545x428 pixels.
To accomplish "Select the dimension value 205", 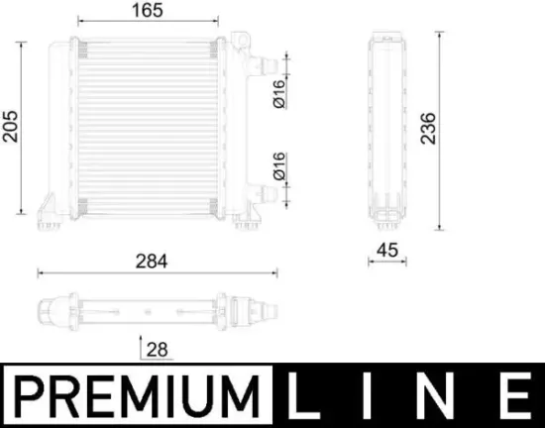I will pyautogui.click(x=10, y=125).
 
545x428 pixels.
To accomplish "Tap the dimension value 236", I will pyautogui.click(x=428, y=126).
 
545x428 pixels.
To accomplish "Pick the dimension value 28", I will pyautogui.click(x=156, y=348).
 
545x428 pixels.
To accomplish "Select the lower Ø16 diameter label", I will pyautogui.click(x=279, y=164).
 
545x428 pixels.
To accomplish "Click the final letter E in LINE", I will pyautogui.click(x=515, y=395).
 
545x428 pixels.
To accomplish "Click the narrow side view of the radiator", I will pyautogui.click(x=385, y=126).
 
